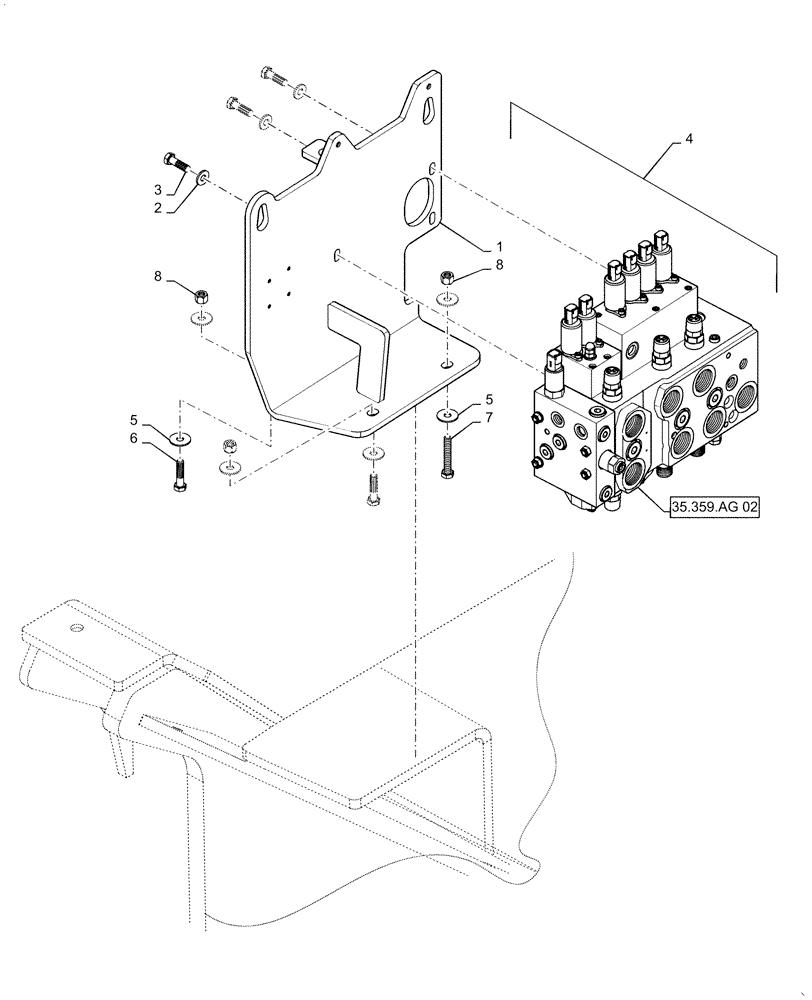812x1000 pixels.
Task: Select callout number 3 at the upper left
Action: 158,189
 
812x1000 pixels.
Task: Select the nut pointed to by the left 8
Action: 201,296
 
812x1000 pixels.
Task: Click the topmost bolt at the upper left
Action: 274,76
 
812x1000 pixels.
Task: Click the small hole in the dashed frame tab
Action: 75,628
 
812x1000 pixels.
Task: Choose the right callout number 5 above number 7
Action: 489,398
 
